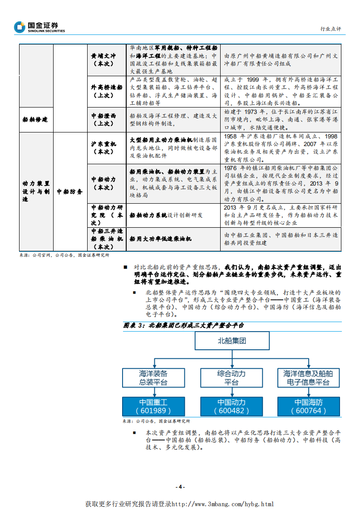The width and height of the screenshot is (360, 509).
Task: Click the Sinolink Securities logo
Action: [39, 27]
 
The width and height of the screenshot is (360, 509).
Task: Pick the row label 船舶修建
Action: [35, 119]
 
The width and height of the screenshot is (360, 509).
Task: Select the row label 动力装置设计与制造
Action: [35, 191]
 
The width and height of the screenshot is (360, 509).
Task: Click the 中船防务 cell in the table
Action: [69, 191]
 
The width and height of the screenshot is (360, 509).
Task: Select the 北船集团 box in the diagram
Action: [232, 341]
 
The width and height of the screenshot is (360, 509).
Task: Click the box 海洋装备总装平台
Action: [153, 377]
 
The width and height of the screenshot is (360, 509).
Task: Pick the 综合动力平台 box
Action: [231, 377]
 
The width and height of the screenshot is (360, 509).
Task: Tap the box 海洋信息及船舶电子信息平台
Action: [309, 377]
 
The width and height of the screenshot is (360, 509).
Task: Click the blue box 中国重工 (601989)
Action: [153, 406]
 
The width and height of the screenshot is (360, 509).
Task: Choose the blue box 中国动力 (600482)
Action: [231, 406]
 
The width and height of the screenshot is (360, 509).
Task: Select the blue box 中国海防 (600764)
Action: [309, 406]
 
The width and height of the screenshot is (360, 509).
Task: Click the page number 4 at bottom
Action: [180, 487]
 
